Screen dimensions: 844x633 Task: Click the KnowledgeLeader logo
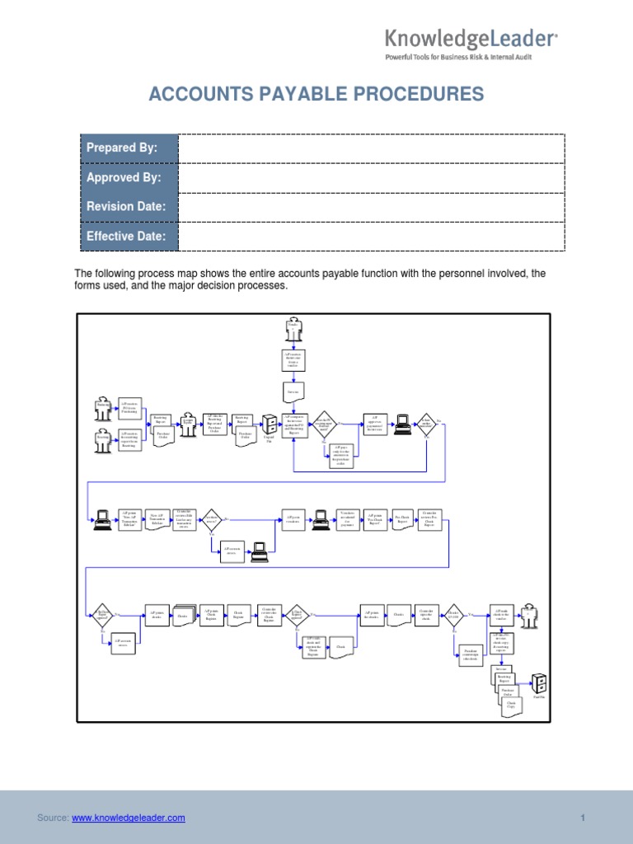471,38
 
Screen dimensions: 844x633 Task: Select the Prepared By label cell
129,148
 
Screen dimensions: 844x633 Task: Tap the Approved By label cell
129,177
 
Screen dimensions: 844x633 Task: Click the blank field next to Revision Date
371,207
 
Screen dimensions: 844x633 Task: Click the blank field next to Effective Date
371,237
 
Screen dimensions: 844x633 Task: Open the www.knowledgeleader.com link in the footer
128,818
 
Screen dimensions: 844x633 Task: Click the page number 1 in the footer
582,818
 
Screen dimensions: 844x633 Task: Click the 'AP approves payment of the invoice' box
374,423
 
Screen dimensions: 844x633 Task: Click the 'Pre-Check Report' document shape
401,519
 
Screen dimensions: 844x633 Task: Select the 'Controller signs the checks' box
425,614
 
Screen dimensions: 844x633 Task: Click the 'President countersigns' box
471,654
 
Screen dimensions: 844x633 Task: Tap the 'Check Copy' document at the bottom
511,706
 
